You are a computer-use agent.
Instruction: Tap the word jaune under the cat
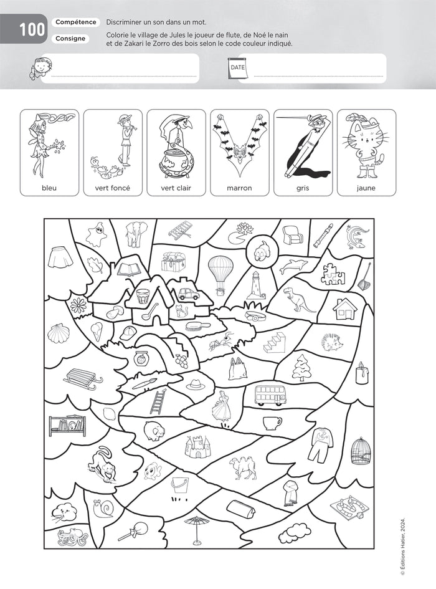coord(366,188)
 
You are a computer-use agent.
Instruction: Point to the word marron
coord(239,188)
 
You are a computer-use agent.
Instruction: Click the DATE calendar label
coord(237,66)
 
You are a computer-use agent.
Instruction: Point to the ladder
coord(158,401)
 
